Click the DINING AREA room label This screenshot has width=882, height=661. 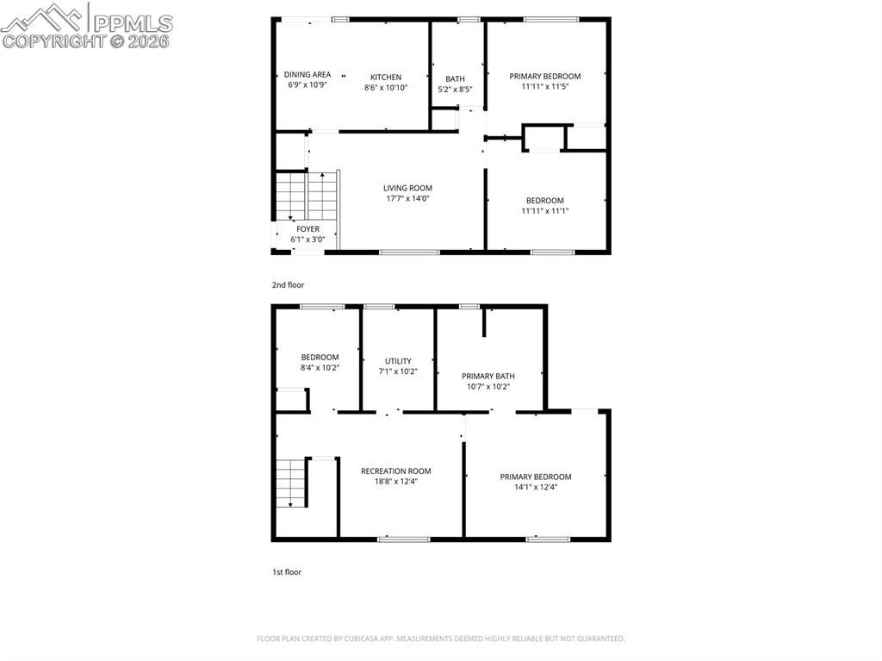(307, 75)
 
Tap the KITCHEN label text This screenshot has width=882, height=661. (386, 77)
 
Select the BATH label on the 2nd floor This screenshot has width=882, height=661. (455, 78)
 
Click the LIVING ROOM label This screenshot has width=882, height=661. (407, 188)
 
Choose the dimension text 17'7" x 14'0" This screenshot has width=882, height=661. (407, 199)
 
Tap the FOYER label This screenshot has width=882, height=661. (307, 229)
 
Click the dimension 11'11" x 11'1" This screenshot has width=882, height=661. (545, 211)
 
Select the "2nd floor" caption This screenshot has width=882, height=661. (288, 284)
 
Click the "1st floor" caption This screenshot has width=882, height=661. (286, 571)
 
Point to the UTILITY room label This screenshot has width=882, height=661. (398, 361)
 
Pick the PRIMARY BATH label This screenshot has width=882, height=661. (488, 376)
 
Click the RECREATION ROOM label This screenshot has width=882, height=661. (396, 471)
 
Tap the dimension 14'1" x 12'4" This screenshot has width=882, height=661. (536, 488)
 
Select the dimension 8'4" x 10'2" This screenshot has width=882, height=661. (320, 368)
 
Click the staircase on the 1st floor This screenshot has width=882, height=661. (292, 483)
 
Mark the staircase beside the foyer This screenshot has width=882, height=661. (306, 196)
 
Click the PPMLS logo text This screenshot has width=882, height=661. (131, 23)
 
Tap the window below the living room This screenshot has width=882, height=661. (409, 253)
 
